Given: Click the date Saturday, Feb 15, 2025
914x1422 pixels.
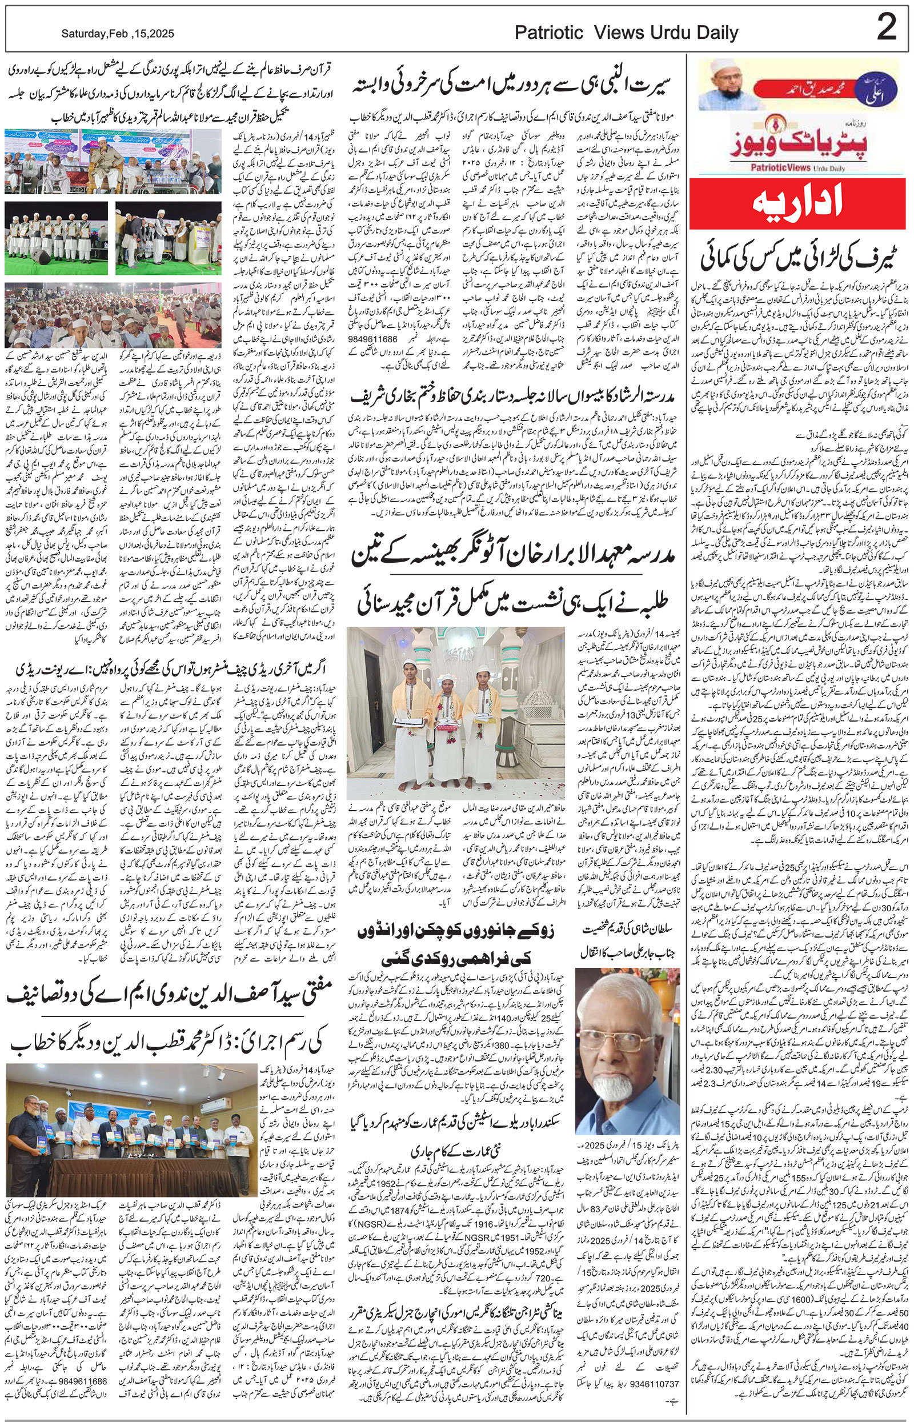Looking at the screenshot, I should pyautogui.click(x=118, y=34).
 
